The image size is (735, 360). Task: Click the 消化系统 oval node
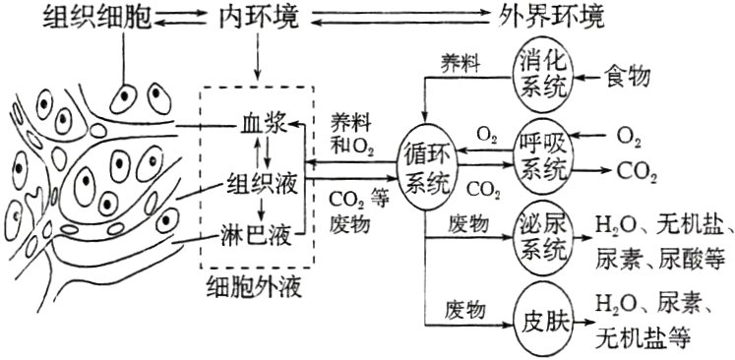[x=543, y=74]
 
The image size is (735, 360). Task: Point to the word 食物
[x=631, y=74]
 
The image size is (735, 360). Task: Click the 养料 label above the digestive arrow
[x=461, y=61]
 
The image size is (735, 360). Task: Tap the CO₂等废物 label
[x=355, y=209]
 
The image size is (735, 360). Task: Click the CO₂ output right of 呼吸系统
[x=637, y=173]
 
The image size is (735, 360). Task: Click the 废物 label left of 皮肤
[x=465, y=310]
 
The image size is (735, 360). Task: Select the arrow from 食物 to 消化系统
[x=587, y=75]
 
